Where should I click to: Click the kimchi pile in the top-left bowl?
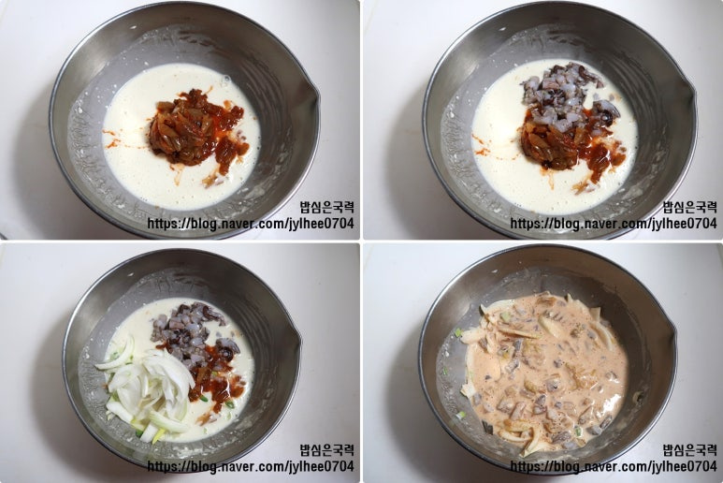point(196,130)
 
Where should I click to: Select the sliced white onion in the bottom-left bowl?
point(148,392)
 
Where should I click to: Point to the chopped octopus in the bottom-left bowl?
point(194,331)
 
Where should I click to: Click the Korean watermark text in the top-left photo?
point(326,207)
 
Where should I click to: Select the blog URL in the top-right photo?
point(614,224)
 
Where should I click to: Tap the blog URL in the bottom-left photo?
point(251,466)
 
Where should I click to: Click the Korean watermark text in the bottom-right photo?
point(690,450)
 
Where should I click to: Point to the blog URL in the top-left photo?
point(251,224)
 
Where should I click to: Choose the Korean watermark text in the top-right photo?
point(690,207)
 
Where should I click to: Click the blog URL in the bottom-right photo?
point(614,466)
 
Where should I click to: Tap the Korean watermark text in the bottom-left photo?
point(326,450)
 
